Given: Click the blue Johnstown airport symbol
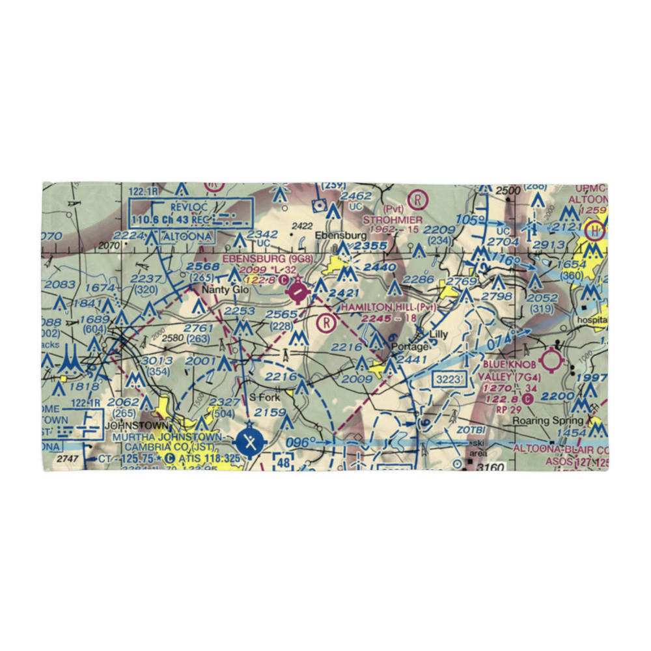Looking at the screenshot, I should coord(250,443).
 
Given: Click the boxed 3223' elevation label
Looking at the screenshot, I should coord(450,378).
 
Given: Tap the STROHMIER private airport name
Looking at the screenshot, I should coord(393,220).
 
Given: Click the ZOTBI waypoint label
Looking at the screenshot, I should coord(471,430).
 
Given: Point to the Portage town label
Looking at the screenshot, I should coord(413,346).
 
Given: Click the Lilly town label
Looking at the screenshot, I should coord(439,335).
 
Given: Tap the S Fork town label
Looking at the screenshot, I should coord(264,397).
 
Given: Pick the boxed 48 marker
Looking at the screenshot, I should coord(282,461).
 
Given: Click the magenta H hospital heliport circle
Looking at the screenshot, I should coord(594,230).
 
